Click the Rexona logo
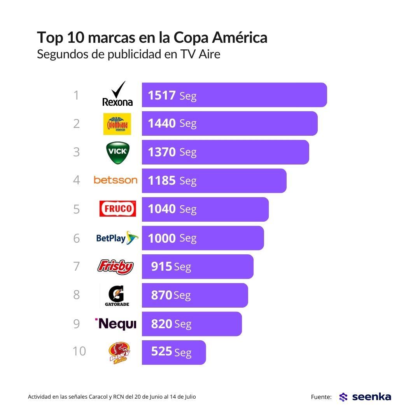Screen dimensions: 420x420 click(x=117, y=94)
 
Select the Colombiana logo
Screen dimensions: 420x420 click(x=117, y=124)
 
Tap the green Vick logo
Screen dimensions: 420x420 click(x=117, y=152)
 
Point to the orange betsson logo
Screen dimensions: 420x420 click(x=115, y=180)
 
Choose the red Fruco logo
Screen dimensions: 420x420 click(x=117, y=209)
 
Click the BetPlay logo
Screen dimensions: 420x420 click(x=117, y=238)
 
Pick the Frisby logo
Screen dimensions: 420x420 click(x=115, y=267)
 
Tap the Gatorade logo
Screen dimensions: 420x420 click(x=117, y=295)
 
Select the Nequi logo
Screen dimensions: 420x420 click(x=116, y=324)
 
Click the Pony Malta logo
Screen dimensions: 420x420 click(x=119, y=353)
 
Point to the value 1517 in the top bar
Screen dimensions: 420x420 click(x=162, y=95)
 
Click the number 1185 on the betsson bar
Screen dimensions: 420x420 click(x=162, y=180)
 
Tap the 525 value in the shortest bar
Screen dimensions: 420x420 click(x=161, y=352)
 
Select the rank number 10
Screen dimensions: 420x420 click(x=79, y=351)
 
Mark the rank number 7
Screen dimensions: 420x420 click(x=77, y=266)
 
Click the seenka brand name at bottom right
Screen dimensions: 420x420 click(x=371, y=397)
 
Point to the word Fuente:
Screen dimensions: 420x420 click(x=321, y=397)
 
